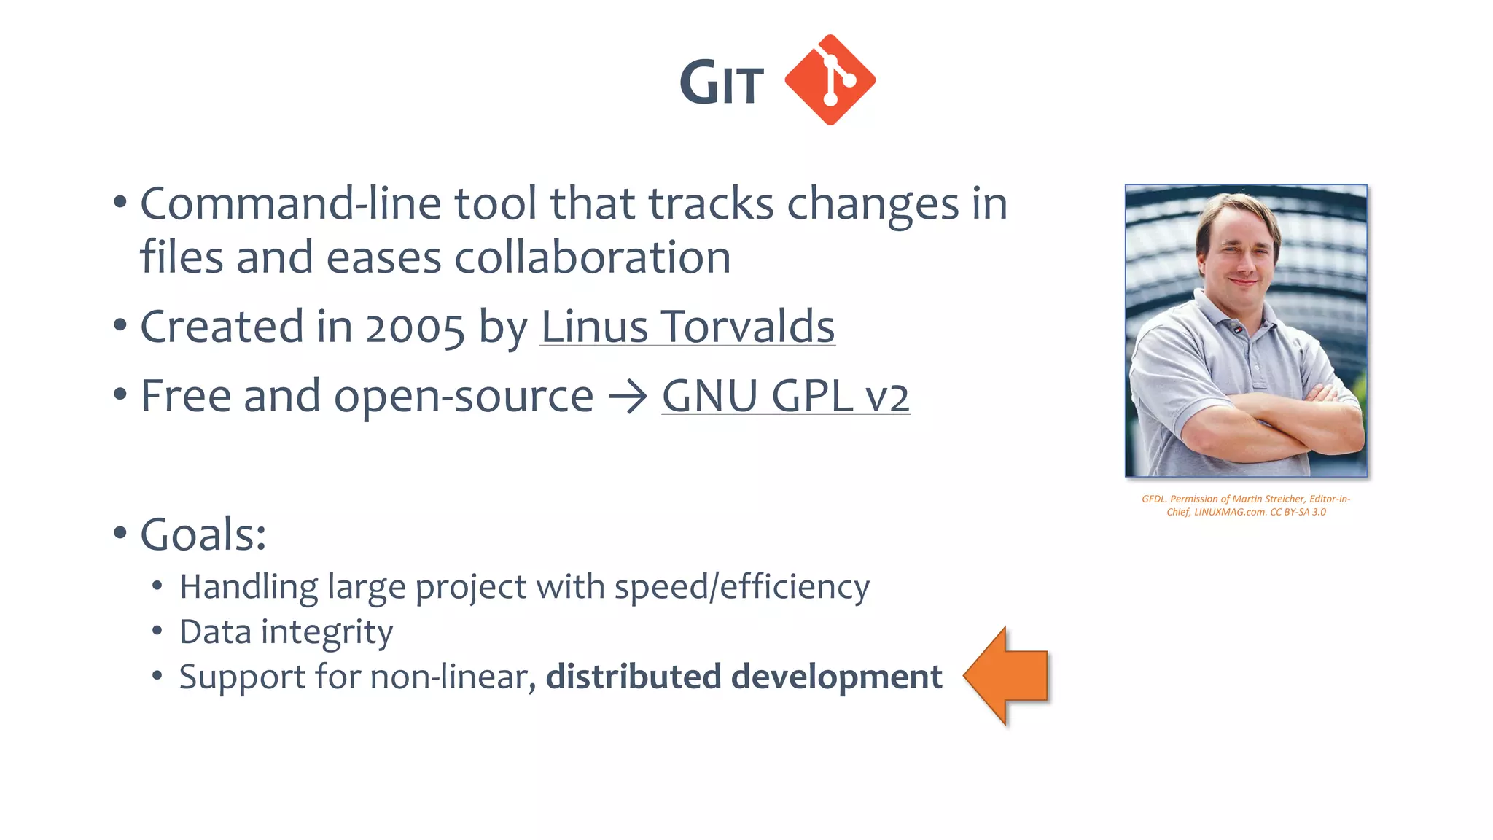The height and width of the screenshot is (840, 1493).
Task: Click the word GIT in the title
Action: point(721,82)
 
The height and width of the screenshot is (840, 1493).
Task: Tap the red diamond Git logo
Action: point(830,79)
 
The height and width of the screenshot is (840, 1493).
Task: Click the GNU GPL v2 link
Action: point(785,396)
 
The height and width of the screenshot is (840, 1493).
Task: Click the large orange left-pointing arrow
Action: point(1007,676)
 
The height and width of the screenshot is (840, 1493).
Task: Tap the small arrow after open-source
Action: point(628,397)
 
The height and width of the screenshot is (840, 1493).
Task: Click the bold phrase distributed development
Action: point(744,677)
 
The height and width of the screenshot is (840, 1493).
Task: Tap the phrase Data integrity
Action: point(286,631)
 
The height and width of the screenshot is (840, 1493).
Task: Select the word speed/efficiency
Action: point(741,587)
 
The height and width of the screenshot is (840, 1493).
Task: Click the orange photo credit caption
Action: point(1245,505)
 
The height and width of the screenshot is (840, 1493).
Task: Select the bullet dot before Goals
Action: point(120,534)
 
